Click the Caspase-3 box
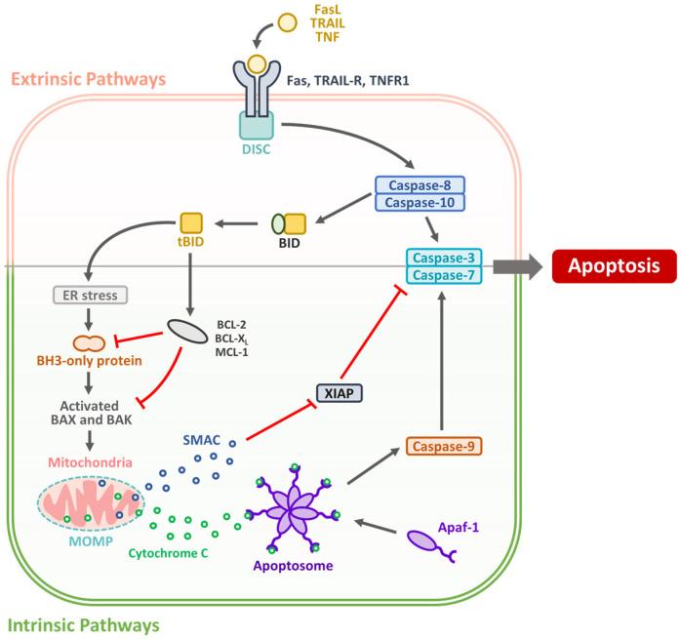445,256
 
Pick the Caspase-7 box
445,274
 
